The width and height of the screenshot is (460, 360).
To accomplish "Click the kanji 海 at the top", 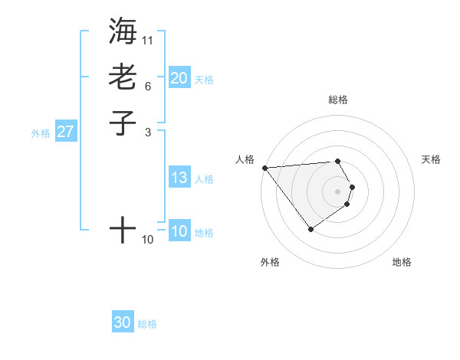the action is pos(123,31).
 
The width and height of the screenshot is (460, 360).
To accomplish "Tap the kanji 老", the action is pos(123,77).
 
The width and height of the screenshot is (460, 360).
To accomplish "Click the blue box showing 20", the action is pos(179,78).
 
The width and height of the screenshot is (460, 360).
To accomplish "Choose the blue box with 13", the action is pos(179,178).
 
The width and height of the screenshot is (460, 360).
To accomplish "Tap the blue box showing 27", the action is pos(65,132).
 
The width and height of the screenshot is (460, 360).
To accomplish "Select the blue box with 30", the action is pos(123,322).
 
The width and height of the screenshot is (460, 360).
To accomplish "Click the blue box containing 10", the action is pos(179,231).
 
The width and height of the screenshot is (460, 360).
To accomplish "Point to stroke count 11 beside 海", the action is pos(148,40).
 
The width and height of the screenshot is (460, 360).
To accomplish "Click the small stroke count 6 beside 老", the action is pos(148,86).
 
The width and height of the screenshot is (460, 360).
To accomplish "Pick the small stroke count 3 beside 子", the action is pos(148,132).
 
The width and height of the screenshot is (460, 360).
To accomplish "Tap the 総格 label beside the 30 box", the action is pos(147,324).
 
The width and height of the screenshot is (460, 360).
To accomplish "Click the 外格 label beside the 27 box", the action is pos(41,133).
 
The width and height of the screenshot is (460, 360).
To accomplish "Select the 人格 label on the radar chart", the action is pos(245,159).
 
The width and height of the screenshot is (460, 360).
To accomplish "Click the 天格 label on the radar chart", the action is pos(431,159).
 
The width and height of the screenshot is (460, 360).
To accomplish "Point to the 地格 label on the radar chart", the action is pos(402,262).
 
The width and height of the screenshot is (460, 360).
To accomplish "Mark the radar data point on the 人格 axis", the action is pos(264,168).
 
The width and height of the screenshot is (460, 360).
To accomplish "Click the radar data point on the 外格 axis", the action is pos(310,229).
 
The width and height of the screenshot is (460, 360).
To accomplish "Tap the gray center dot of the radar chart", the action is pos(337,191).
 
